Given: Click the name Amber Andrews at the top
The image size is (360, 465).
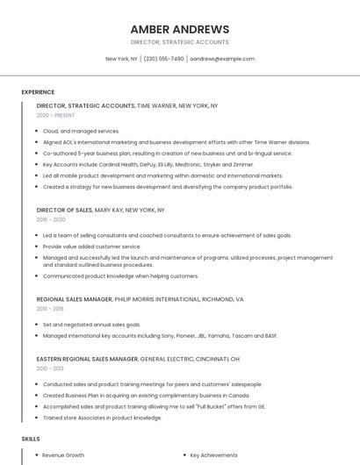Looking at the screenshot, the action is (179, 29).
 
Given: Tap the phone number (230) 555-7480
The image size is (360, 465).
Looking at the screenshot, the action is (163, 59).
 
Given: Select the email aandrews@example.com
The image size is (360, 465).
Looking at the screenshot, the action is (222, 59).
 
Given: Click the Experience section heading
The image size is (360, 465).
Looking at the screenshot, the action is (38, 92).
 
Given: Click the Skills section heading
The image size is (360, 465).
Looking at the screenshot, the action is (30, 439).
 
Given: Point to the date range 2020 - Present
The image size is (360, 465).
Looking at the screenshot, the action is (56, 115).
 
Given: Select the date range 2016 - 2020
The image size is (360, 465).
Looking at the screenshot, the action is (51, 220).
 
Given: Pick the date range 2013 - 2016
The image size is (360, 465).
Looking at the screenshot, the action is (50, 309).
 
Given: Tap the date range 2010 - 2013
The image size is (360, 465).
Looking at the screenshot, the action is (50, 368).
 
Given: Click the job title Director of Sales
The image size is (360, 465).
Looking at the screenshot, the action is (64, 211).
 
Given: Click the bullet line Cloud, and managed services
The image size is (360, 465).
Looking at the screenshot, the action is (81, 131).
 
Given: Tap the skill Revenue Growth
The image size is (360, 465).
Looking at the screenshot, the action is (63, 455).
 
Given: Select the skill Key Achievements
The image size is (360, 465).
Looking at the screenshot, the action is (213, 455).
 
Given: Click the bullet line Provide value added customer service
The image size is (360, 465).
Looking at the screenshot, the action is (91, 247).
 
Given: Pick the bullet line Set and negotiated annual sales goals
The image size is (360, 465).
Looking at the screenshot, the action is (91, 325).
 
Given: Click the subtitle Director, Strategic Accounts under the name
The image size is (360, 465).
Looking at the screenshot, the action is (179, 42).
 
